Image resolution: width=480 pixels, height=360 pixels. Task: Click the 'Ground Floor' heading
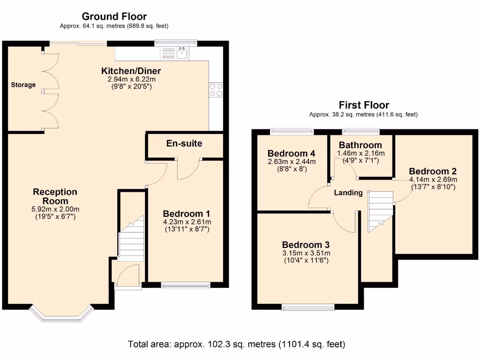coord(114,17)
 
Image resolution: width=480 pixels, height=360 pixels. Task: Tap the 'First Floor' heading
coord(364,105)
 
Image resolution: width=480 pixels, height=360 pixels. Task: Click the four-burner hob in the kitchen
coord(216,90)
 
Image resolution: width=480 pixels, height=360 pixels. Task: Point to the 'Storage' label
coord(23,85)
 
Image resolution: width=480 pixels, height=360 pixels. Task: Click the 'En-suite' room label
coord(184,143)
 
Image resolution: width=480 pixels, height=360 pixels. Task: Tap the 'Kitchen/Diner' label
coord(131,71)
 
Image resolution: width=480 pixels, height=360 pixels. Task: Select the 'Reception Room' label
coord(55,196)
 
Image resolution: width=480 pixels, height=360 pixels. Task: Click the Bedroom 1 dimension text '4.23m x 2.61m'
coord(187,222)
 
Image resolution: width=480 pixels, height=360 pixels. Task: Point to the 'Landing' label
coord(348,193)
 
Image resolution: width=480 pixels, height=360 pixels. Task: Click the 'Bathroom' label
coord(360,145)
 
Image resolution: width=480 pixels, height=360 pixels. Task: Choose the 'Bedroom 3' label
coord(306,245)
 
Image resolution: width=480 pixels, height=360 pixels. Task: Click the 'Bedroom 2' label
coord(432,171)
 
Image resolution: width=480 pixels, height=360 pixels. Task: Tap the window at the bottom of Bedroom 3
coord(308,307)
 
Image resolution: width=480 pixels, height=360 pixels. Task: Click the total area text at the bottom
coord(237,344)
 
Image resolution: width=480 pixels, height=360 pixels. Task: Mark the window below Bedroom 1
coord(185,285)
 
